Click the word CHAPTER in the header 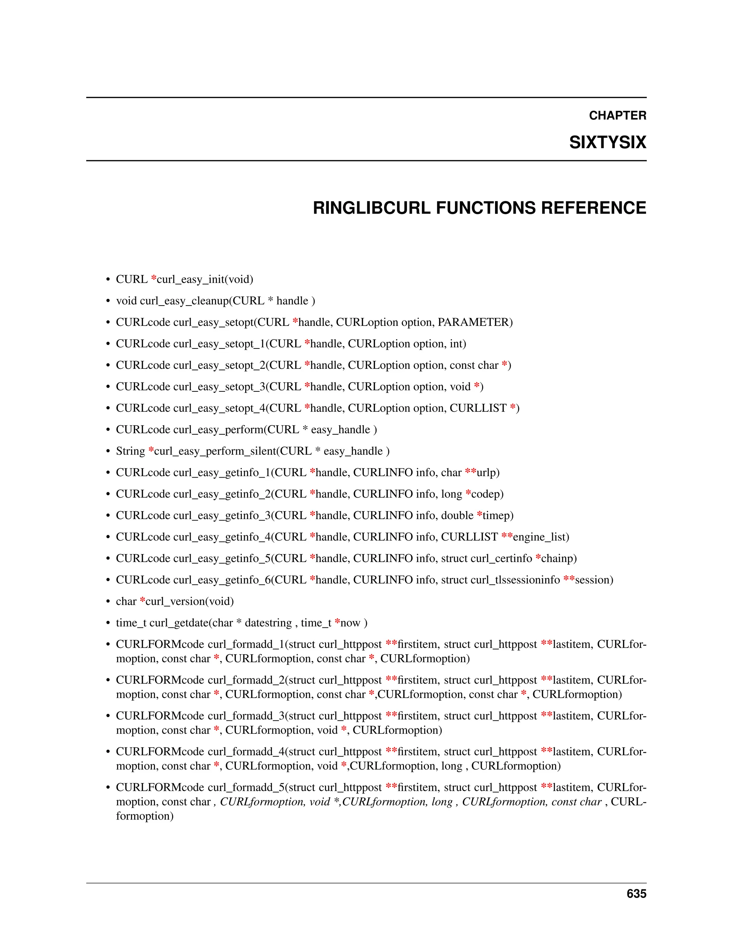(617, 116)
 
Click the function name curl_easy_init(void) (205, 279)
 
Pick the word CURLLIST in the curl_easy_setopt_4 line (478, 408)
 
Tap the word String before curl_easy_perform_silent (130, 451)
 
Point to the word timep (497, 515)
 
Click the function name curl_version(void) (190, 601)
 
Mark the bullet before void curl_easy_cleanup (108, 301)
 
